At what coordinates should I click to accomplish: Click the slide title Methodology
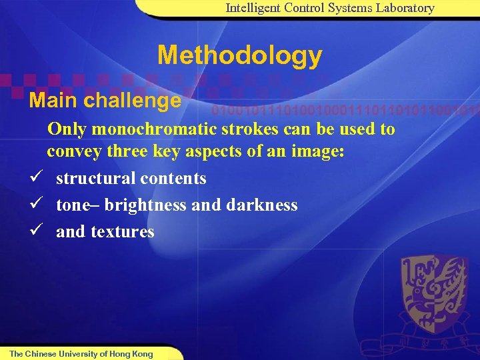click(x=239, y=55)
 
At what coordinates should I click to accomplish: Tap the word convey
click(x=72, y=151)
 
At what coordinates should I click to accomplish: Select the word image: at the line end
click(x=319, y=151)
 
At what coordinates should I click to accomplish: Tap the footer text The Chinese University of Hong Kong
click(x=81, y=354)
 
